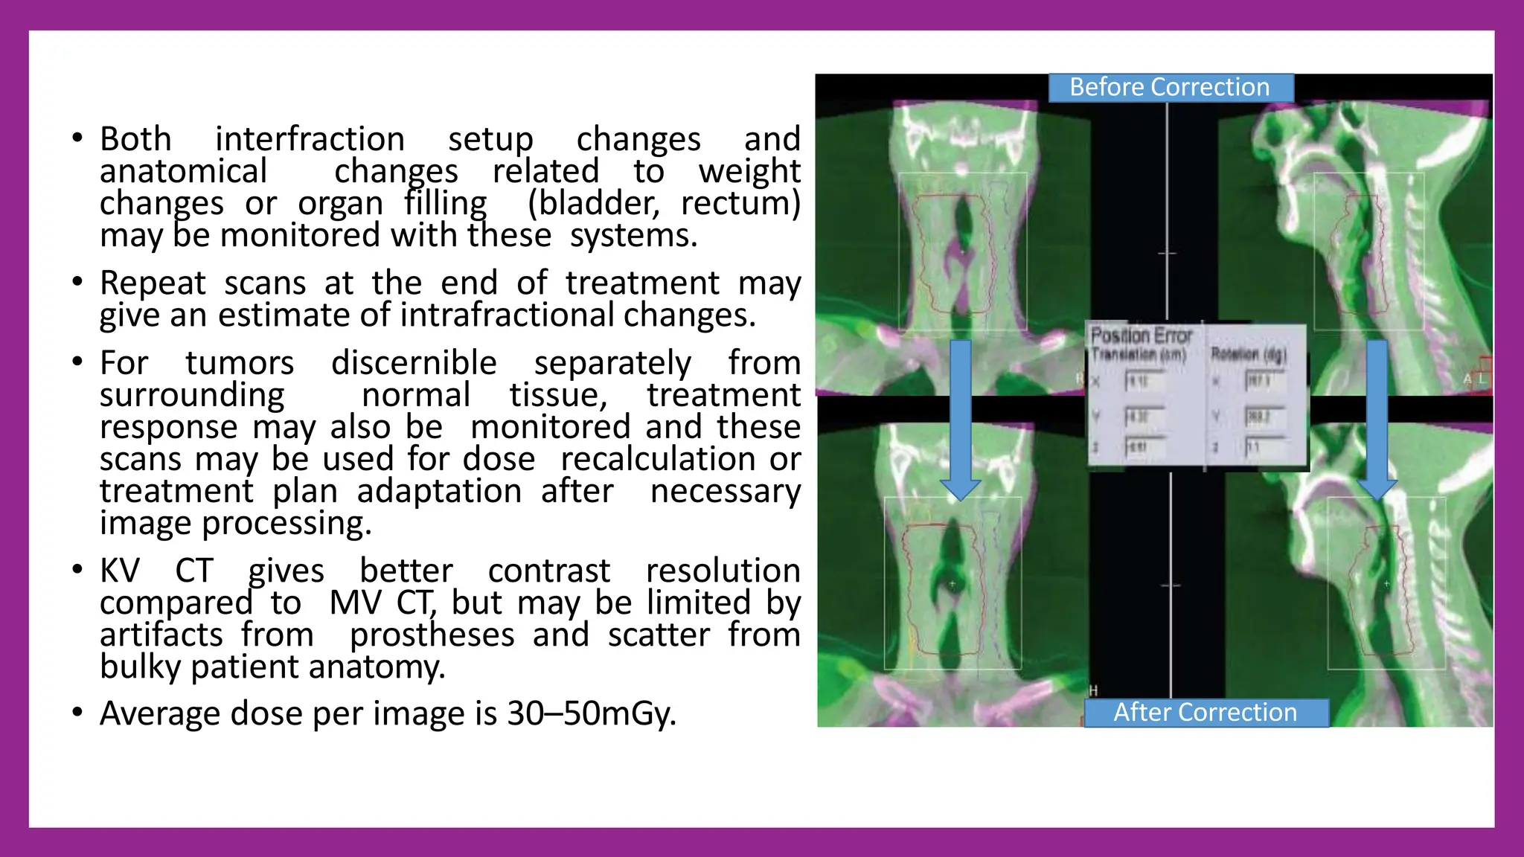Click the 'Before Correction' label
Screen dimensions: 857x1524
(x=1170, y=88)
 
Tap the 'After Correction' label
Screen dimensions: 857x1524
(x=1205, y=713)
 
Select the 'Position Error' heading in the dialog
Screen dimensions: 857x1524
(x=1141, y=336)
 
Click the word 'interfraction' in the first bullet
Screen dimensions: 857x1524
(x=310, y=139)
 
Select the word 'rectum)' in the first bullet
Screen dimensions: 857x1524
(x=740, y=203)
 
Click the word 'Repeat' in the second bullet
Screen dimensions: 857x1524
(x=153, y=283)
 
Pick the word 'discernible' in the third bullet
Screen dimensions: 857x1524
(x=414, y=363)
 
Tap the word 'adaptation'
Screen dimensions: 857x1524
(x=439, y=491)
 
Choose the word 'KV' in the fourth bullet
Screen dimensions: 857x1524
(x=120, y=571)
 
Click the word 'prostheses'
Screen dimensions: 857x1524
(x=432, y=635)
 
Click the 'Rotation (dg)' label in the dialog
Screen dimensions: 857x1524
(x=1248, y=354)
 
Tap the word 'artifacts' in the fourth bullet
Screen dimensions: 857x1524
(x=161, y=635)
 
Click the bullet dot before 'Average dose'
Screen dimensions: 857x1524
(x=77, y=713)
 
